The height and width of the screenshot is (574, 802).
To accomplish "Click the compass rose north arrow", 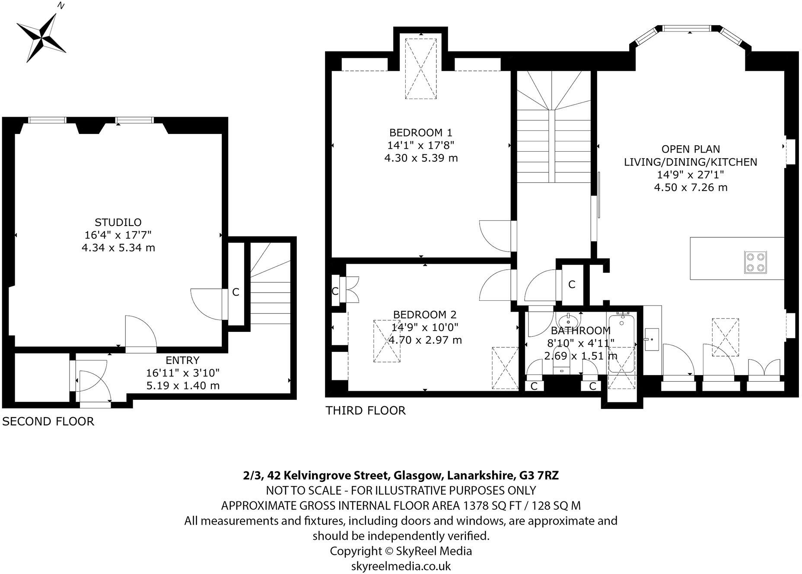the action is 41,33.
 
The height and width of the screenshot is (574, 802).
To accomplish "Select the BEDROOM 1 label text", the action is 421,132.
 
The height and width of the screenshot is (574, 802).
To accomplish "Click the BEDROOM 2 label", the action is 425,315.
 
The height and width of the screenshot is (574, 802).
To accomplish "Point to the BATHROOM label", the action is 581,331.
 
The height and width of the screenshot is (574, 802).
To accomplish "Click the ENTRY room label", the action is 183,360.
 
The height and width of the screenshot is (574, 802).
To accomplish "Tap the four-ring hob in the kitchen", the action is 755,262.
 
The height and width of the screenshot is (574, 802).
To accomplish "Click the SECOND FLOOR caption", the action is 48,421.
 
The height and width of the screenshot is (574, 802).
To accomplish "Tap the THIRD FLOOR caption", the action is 366,410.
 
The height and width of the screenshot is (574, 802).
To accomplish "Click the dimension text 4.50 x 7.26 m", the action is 691,187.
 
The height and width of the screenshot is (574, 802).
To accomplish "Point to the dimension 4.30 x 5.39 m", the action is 421,158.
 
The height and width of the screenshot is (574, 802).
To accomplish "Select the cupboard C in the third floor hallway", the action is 572,284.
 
